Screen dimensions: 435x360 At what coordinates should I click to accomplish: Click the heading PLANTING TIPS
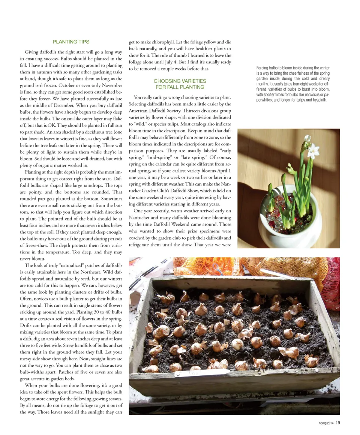click(x=71, y=42)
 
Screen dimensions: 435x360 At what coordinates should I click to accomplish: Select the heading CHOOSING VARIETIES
click(x=180, y=81)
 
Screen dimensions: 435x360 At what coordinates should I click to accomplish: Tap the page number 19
click(x=338, y=423)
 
